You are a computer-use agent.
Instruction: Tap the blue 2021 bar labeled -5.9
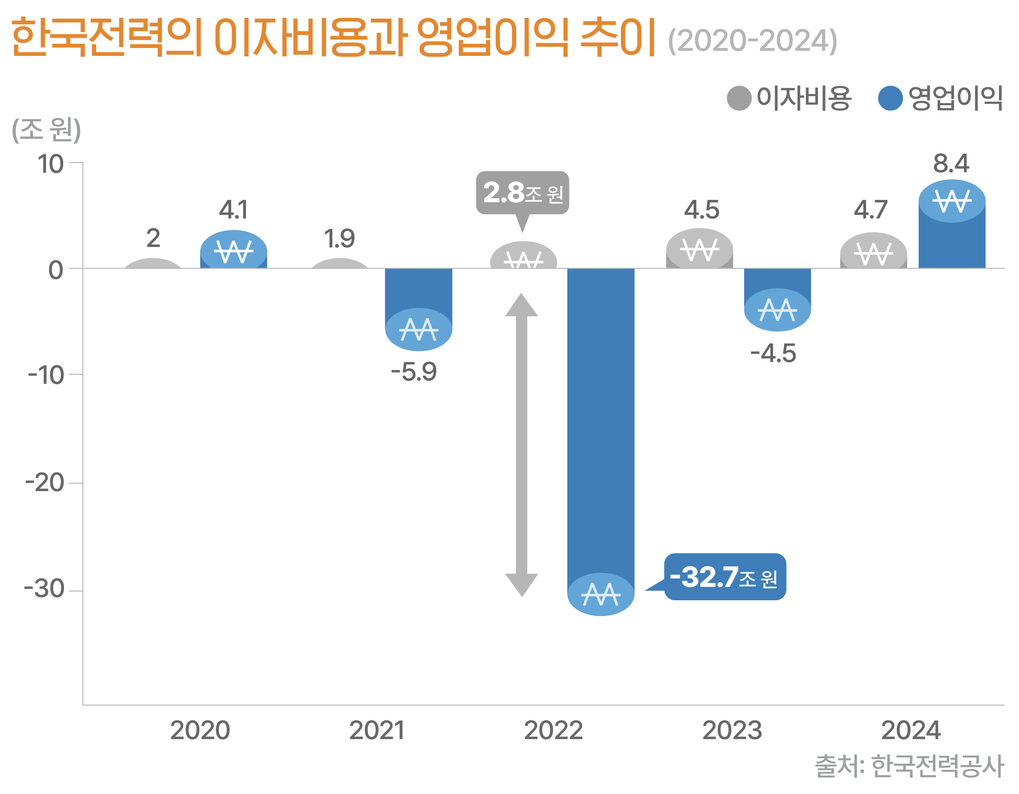coord(418,303)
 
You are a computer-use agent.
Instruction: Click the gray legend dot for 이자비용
coord(739,98)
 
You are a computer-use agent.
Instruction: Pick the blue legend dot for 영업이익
coord(890,98)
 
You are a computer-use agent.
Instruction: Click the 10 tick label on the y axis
coord(50,164)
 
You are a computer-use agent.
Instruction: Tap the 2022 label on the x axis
coord(553,730)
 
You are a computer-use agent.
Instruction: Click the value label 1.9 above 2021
coord(339,239)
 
